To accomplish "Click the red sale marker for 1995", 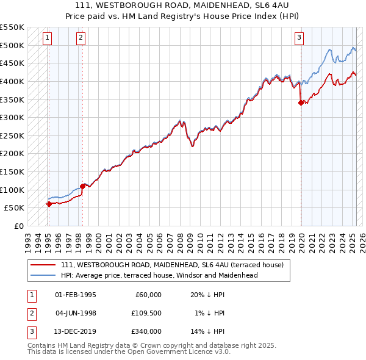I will [49, 204].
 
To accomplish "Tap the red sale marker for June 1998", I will [83, 186].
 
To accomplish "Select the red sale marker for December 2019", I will [301, 103].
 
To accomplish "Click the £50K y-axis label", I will [15, 208].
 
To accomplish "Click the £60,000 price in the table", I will [147, 295].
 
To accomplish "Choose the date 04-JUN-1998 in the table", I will [76, 313].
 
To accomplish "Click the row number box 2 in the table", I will [31, 313].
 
